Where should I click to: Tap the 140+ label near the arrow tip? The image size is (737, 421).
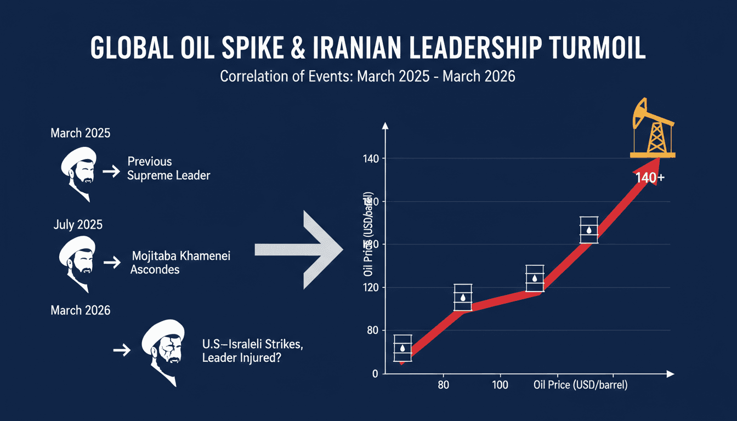tap(649, 178)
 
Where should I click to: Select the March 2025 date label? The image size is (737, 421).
tap(80, 133)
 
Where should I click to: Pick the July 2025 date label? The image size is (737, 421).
tap(78, 224)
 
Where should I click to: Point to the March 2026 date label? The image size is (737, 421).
tap(80, 310)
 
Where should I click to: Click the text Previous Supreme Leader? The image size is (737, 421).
tap(168, 168)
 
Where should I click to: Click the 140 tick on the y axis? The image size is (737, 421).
tap(371, 159)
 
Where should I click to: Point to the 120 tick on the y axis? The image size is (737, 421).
tap(371, 288)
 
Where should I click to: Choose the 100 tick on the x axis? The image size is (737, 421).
tap(500, 385)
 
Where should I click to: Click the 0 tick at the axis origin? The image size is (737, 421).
tap(375, 374)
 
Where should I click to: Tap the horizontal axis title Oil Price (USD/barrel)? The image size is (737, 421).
tap(580, 385)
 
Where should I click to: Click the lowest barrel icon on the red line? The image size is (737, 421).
tap(402, 348)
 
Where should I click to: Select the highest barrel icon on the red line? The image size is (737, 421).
tap(589, 230)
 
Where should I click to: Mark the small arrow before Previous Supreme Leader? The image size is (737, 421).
tap(111, 172)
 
